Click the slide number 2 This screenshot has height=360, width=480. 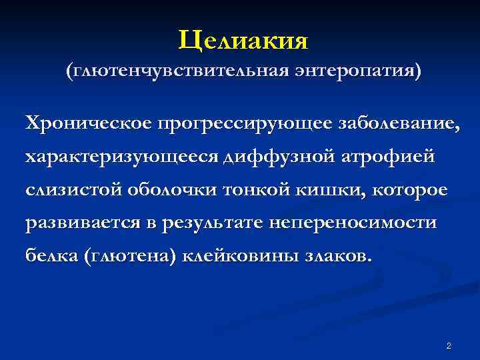pos(449,345)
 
